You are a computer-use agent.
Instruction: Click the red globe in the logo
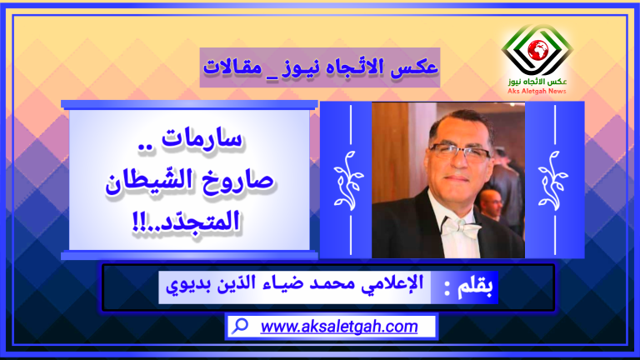[537, 50]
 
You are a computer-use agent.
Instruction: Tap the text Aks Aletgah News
[537, 91]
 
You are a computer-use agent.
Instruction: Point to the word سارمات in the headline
[202, 139]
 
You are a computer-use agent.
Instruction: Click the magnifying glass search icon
[240, 326]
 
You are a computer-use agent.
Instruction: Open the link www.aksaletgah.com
[339, 327]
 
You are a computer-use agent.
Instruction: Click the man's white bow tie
[460, 226]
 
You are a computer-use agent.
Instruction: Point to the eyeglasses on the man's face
[460, 152]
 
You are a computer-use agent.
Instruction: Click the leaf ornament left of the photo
[348, 180]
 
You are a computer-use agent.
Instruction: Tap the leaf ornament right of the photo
[553, 180]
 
